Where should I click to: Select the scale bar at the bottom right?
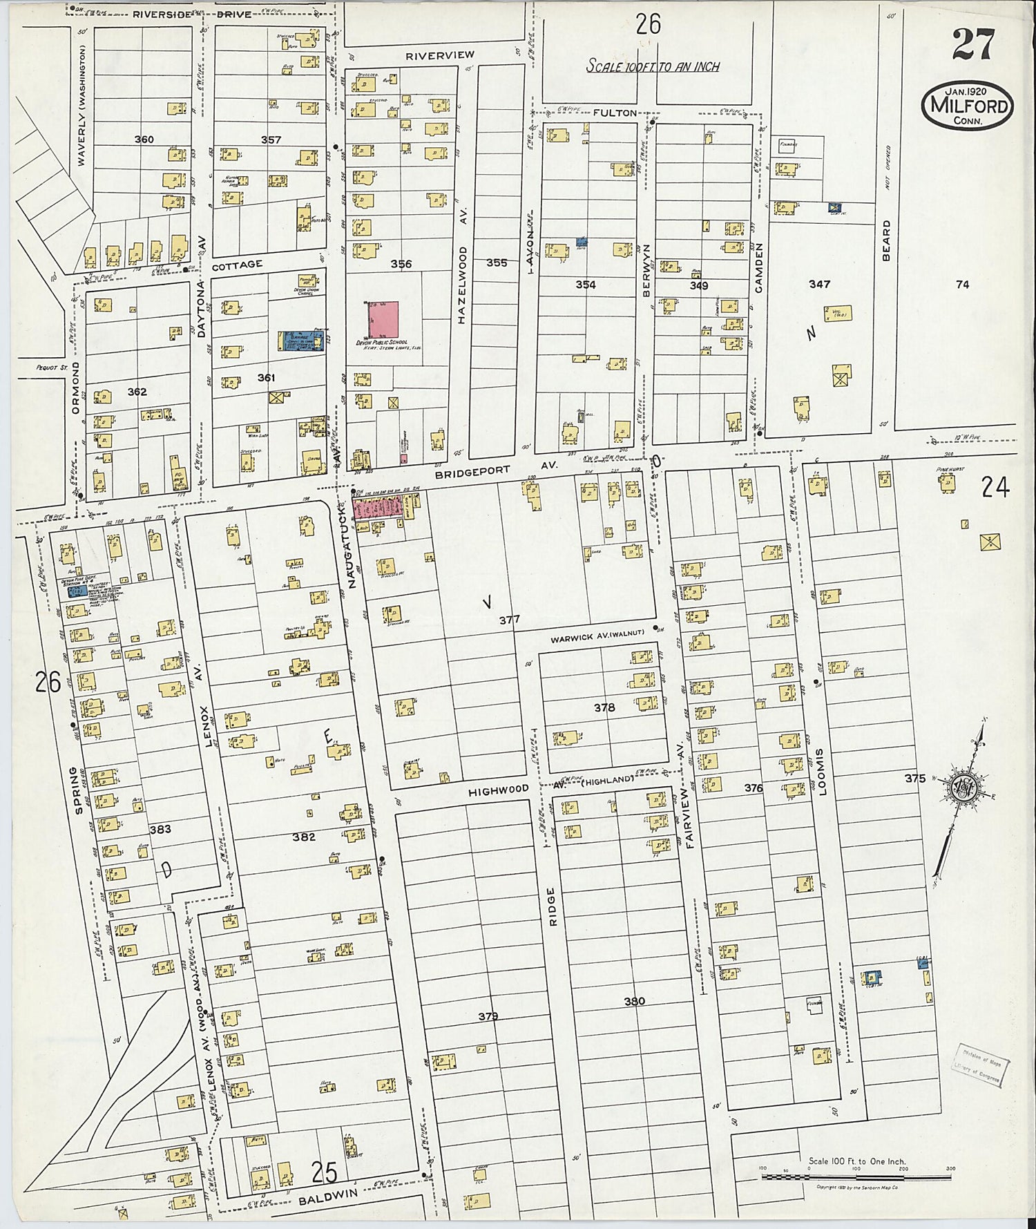tap(856, 1176)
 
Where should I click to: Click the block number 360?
tap(144, 140)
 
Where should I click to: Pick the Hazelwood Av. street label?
tap(462, 285)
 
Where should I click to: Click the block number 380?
tap(634, 1001)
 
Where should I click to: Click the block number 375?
tap(914, 779)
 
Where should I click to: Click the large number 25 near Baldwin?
tap(324, 1171)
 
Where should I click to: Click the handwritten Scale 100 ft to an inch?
tap(653, 66)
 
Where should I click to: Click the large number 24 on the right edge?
tap(995, 488)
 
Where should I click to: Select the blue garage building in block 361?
tap(301, 341)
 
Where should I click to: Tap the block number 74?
tap(962, 284)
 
